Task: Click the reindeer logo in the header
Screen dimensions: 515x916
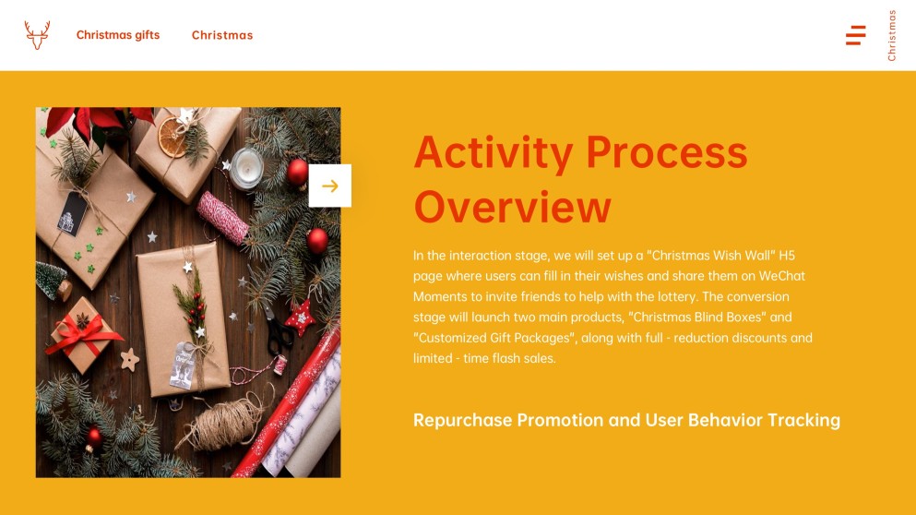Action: point(38,35)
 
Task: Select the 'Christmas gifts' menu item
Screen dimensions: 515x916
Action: point(118,35)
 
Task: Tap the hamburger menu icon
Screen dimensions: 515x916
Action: point(855,35)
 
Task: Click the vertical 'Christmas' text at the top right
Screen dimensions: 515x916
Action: point(892,35)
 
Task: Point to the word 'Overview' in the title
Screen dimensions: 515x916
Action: point(513,208)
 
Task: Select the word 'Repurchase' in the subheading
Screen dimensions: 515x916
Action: point(461,420)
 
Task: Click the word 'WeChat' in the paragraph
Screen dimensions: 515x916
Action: point(782,276)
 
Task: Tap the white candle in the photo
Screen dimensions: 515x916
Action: point(247,166)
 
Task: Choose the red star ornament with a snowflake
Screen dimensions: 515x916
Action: point(299,317)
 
